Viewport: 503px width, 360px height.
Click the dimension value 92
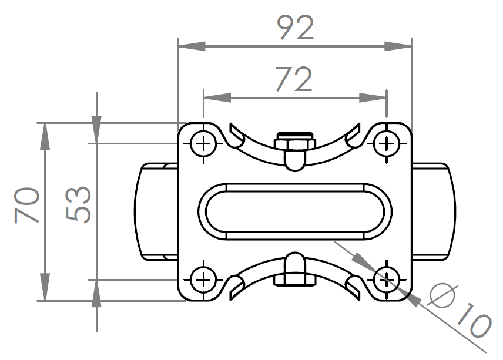click(295, 28)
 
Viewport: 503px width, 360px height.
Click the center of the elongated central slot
click(295, 211)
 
